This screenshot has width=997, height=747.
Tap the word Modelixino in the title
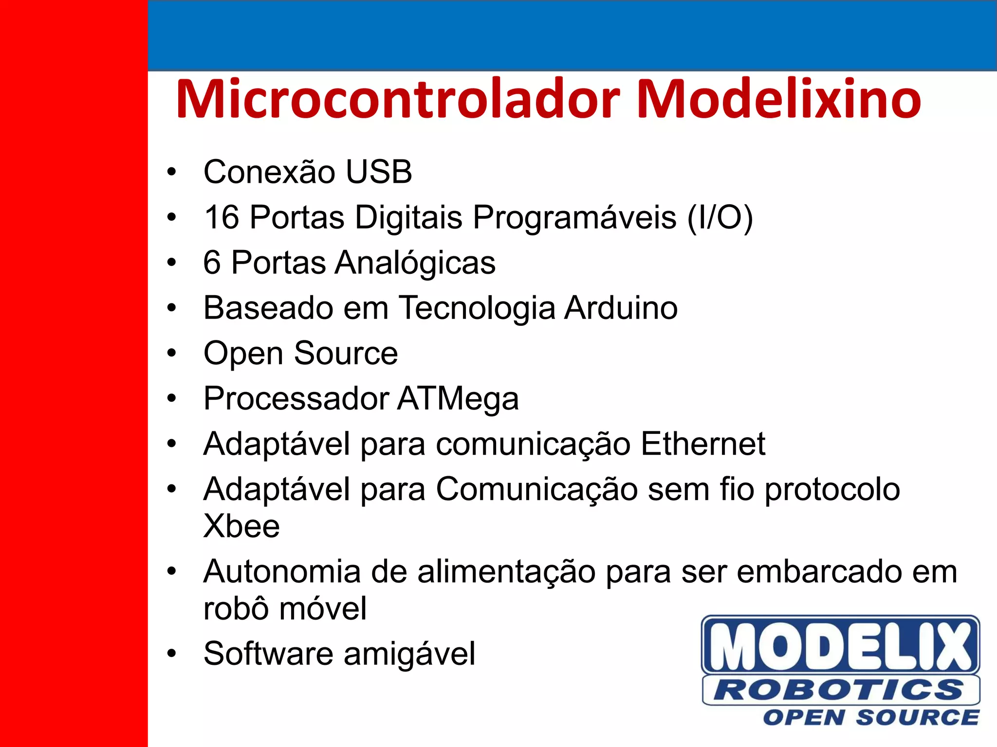[x=778, y=100]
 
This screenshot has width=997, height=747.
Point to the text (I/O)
[x=720, y=217]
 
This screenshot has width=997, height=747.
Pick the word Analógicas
[x=415, y=263]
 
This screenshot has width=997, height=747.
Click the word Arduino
[x=621, y=308]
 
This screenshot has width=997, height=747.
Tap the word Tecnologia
[x=477, y=309]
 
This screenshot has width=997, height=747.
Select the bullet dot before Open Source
[x=171, y=354]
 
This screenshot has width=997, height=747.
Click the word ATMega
[x=458, y=399]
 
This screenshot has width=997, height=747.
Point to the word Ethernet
[x=703, y=444]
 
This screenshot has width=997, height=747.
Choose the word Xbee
[x=241, y=526]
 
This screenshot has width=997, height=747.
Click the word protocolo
[x=832, y=490]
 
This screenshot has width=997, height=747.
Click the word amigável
[x=409, y=654]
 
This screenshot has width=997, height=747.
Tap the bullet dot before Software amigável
[x=171, y=654]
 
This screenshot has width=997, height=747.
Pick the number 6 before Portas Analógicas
[x=212, y=263]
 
